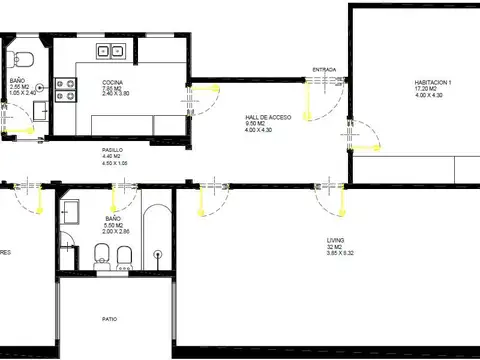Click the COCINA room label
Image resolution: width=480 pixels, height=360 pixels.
[x=112, y=82]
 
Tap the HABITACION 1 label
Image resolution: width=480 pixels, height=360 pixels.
[x=434, y=82]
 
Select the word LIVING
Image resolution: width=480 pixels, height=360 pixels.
[x=335, y=241]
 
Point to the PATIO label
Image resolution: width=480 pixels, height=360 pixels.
[x=109, y=319]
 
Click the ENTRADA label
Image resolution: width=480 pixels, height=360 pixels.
[x=324, y=70]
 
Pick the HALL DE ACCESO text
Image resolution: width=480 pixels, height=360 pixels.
[x=267, y=118]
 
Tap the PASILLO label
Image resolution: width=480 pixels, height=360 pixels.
[x=111, y=148]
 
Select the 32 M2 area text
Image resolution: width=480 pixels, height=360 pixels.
[x=335, y=248]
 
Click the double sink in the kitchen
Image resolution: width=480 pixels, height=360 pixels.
[x=108, y=50]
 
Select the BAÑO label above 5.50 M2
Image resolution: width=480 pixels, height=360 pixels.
[x=112, y=218]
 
